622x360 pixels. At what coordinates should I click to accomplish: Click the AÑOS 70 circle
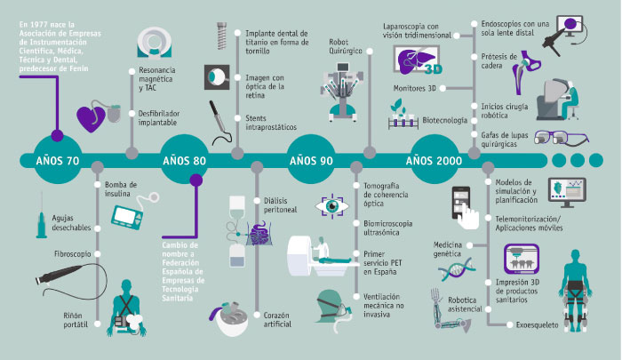tap(58, 160)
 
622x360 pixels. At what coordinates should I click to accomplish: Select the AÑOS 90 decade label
tap(311, 161)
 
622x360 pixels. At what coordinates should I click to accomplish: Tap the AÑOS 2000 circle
tap(434, 160)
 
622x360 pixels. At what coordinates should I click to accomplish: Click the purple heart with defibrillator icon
tap(98, 116)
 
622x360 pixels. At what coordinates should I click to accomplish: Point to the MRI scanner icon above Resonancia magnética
tap(155, 43)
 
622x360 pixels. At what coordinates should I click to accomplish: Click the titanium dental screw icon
tap(222, 36)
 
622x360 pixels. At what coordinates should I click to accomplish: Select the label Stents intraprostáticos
tap(271, 123)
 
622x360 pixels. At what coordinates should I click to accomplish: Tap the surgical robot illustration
tap(341, 92)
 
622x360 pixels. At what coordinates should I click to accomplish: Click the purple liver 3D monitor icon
tap(417, 60)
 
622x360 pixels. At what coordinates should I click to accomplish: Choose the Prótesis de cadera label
tap(499, 61)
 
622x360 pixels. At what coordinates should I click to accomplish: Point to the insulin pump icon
tap(134, 212)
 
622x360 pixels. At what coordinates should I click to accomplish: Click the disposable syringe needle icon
tap(41, 215)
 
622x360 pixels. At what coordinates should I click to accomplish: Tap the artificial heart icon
tap(229, 318)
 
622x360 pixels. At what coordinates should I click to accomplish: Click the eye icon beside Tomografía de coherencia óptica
tap(332, 206)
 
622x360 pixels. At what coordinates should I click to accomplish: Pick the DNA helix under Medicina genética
tap(457, 269)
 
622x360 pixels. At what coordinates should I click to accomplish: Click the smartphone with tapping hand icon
tap(465, 208)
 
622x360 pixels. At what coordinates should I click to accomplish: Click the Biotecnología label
tap(444, 120)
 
